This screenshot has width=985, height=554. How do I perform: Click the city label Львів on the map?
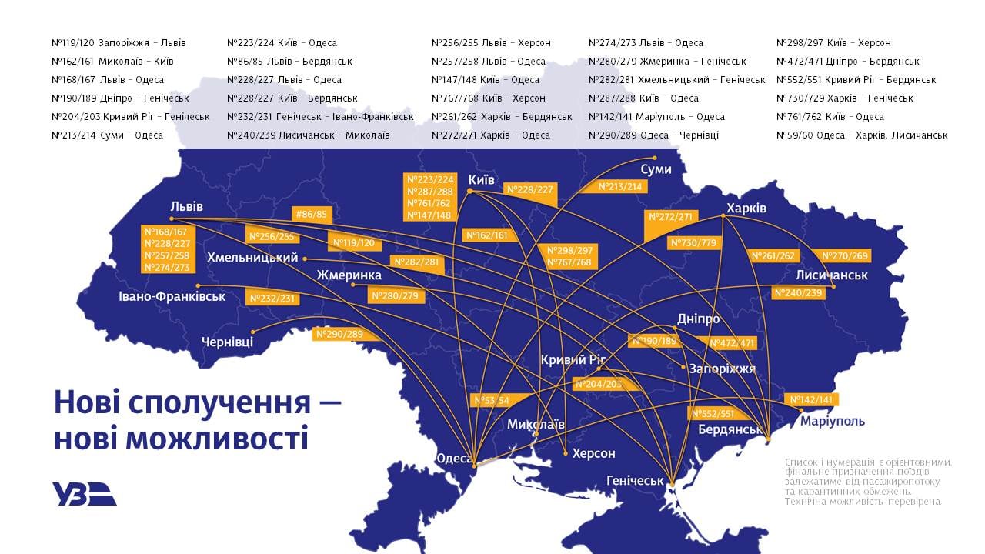[187, 206]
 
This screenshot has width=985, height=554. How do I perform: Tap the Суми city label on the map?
[656, 169]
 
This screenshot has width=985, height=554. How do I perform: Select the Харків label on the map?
[746, 209]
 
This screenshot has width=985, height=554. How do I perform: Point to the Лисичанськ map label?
[832, 275]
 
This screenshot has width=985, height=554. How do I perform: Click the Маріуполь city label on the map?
[833, 421]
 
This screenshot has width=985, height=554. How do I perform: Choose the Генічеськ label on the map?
[635, 481]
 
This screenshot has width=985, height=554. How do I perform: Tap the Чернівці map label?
[227, 342]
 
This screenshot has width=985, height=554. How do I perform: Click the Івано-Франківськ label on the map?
[172, 296]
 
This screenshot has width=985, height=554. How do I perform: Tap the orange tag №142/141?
[812, 399]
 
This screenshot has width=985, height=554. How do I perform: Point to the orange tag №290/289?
[339, 334]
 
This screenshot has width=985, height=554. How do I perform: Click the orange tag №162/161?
[487, 235]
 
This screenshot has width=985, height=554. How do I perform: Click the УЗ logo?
[85, 493]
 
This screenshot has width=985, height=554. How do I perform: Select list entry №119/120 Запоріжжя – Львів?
[119, 43]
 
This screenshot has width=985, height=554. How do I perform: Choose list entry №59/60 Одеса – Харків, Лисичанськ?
[862, 135]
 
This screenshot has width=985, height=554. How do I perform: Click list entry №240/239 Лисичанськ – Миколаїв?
[308, 135]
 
